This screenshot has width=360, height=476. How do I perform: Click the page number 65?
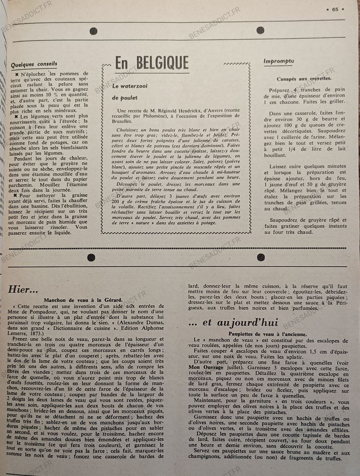pyautogui.click(x=335, y=8)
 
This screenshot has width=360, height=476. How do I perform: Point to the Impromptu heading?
pyautogui.click(x=279, y=61)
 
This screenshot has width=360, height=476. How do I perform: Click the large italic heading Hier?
pyautogui.click(x=23, y=289)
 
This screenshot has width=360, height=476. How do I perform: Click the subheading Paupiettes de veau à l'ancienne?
pyautogui.click(x=267, y=334)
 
